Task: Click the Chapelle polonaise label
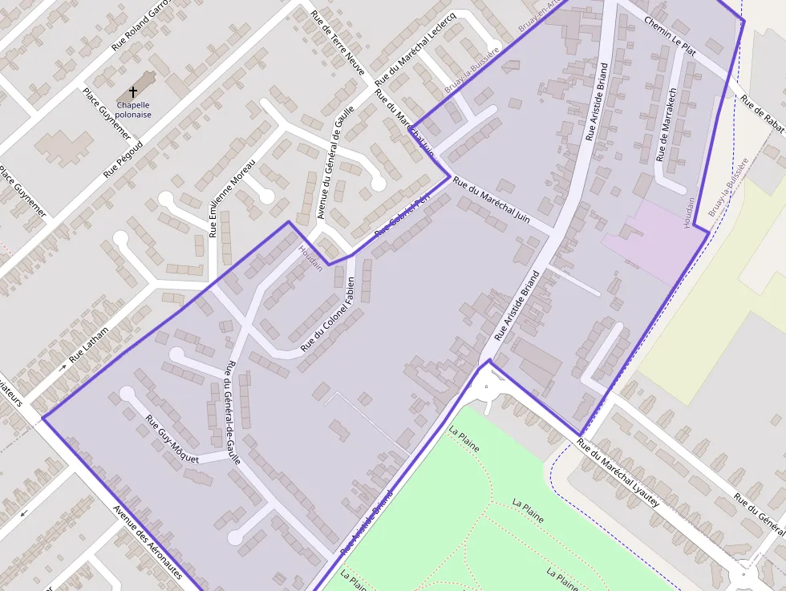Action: (133, 109)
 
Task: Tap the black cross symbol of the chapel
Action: (133, 93)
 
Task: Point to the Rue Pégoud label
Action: (123, 159)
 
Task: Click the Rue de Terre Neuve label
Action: (338, 42)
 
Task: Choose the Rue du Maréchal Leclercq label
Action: (415, 50)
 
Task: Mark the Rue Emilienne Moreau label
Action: (232, 198)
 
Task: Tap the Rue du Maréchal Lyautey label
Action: (618, 474)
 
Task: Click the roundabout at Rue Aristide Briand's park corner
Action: (487, 390)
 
